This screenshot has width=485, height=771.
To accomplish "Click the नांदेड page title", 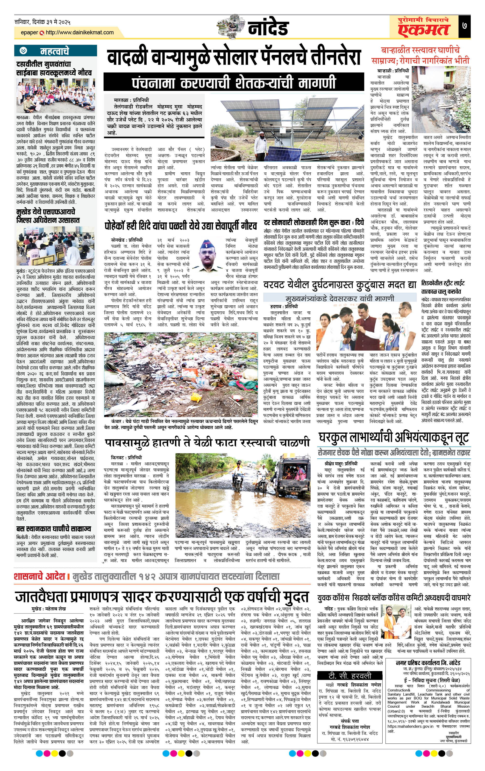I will click(x=268, y=28).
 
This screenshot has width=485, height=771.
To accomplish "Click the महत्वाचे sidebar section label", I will click(x=54, y=51).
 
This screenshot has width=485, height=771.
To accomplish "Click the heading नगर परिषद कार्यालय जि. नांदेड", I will click(x=428, y=654).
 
